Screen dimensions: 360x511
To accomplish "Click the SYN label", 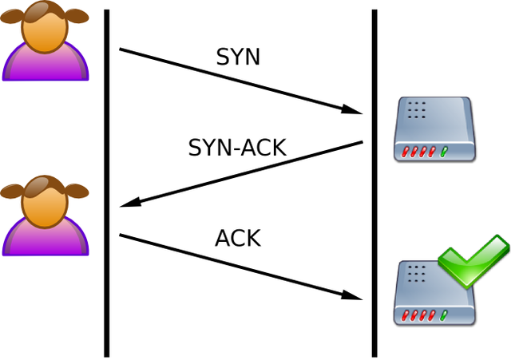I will pyautogui.click(x=238, y=57).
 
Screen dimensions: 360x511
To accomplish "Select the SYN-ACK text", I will pyautogui.click(x=236, y=148).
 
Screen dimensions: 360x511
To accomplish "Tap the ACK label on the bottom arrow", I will pyautogui.click(x=237, y=238).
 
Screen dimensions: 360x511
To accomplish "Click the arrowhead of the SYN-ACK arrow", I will pyautogui.click(x=131, y=204).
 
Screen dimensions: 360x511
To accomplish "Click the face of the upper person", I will pyautogui.click(x=44, y=28).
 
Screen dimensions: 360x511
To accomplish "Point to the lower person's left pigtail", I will pyautogui.click(x=11, y=191).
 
